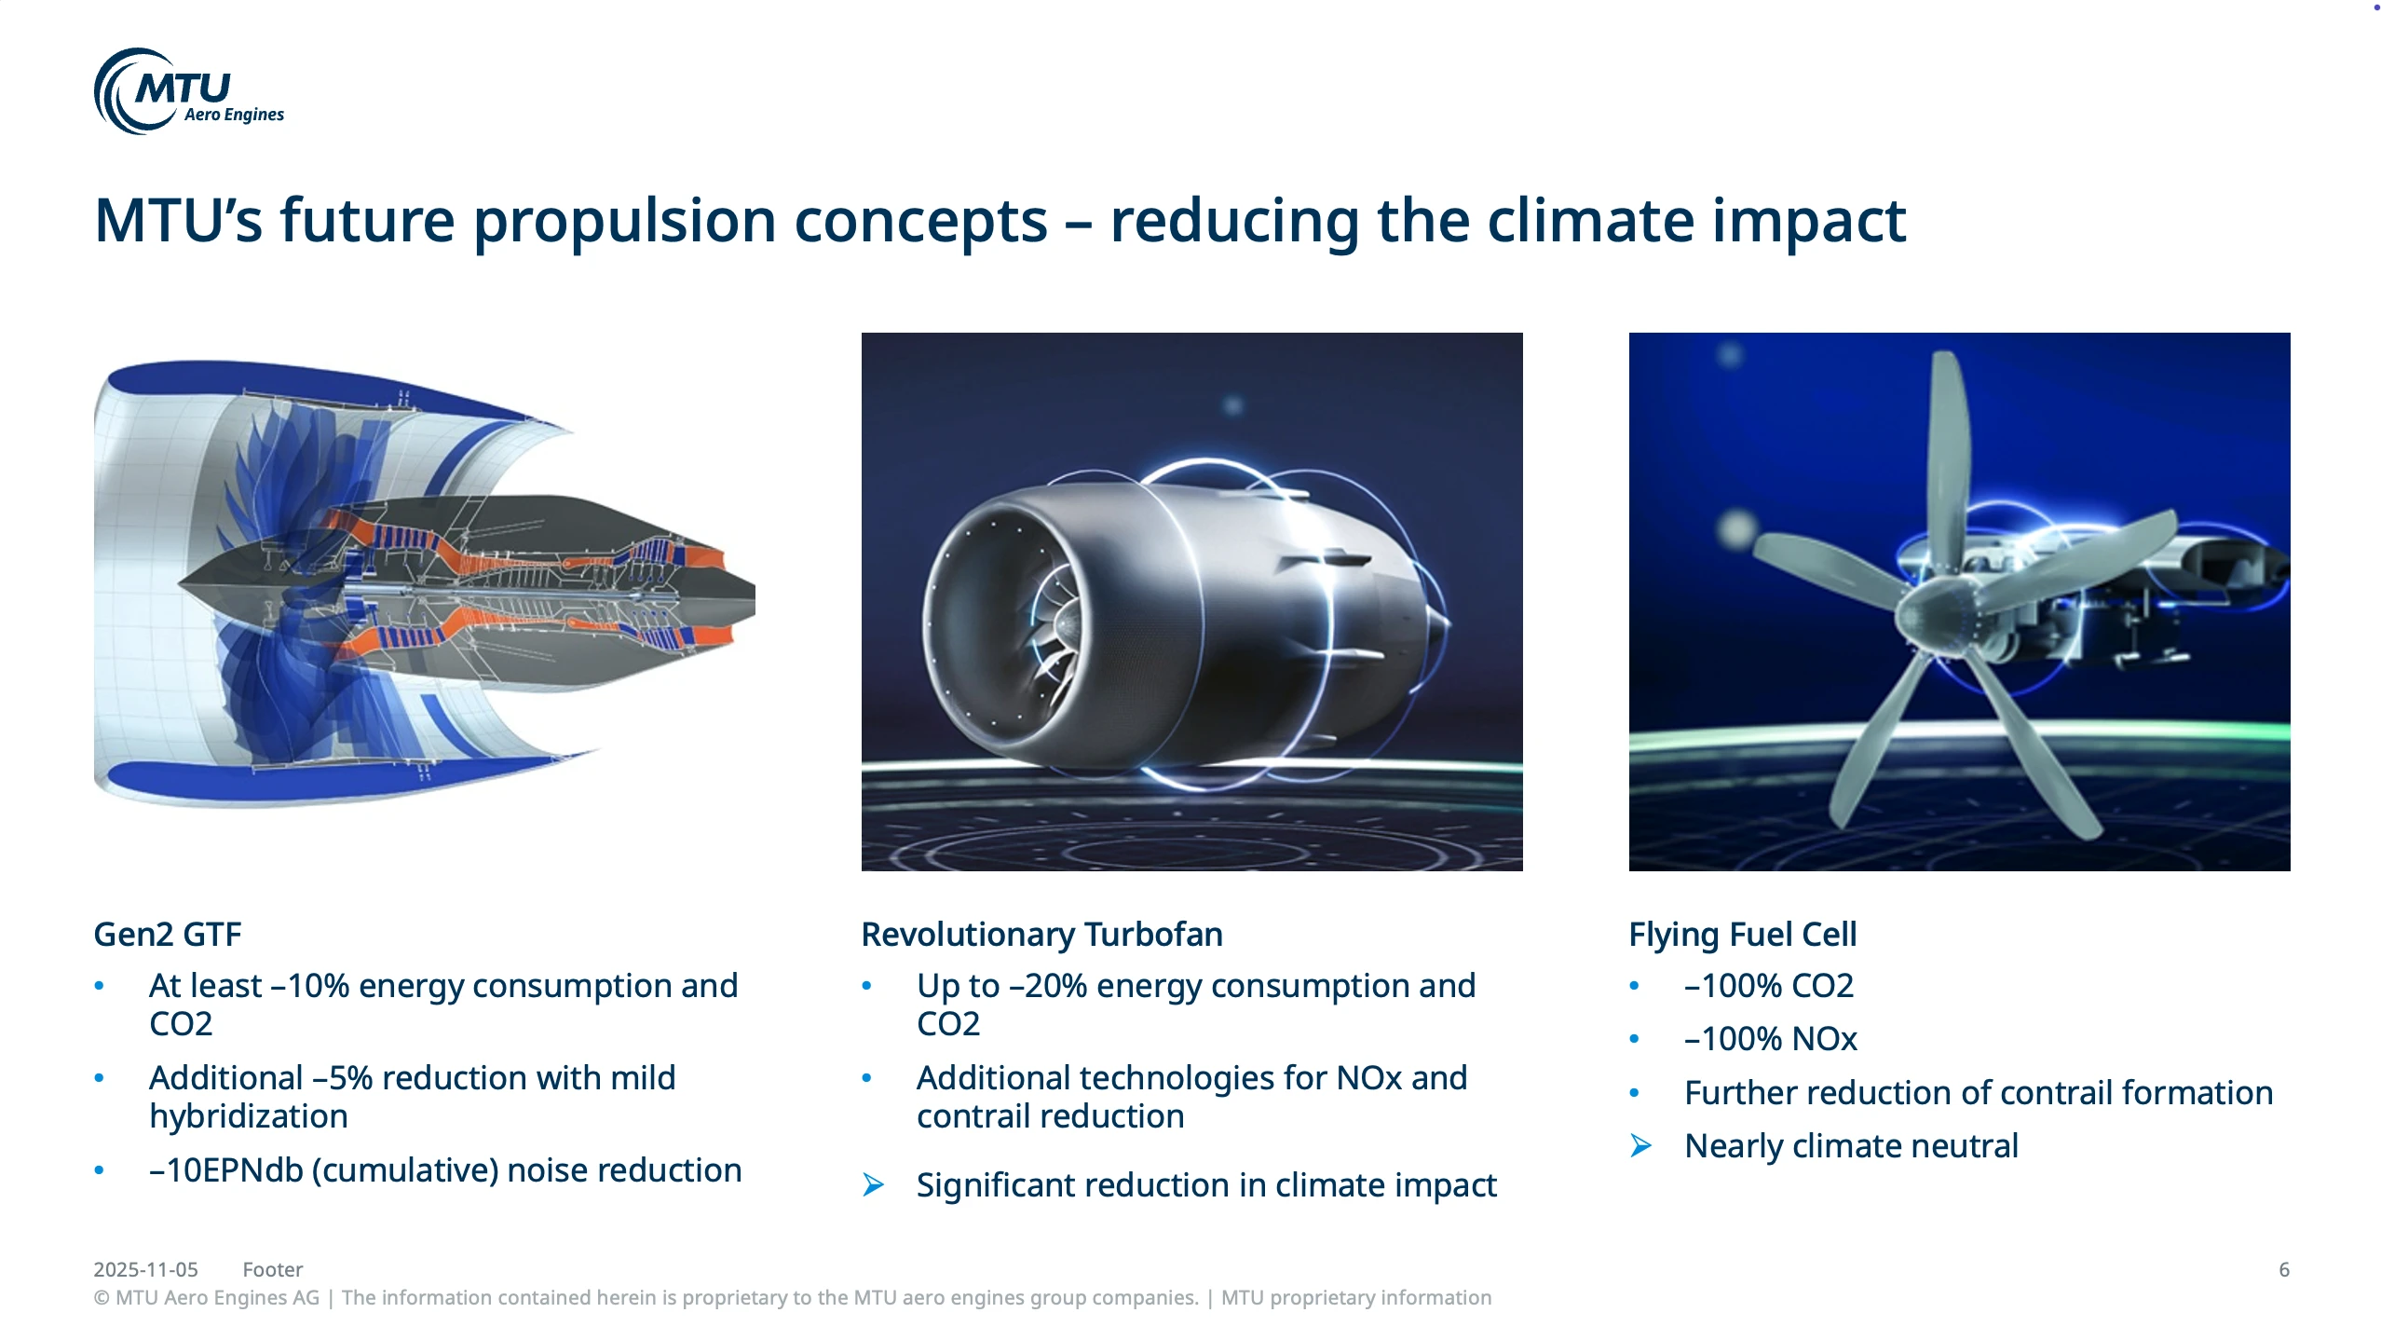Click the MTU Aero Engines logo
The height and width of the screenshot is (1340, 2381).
[x=189, y=91]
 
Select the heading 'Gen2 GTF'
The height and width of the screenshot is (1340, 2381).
[x=168, y=934]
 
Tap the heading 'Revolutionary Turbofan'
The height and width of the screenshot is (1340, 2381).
[x=1041, y=934]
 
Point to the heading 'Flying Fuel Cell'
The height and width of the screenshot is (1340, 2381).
[x=1742, y=934]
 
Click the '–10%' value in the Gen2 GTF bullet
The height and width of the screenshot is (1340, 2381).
[x=310, y=986]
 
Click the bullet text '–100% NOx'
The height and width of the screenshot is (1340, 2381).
[x=1771, y=1039]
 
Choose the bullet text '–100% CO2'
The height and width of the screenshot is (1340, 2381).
[x=1769, y=986]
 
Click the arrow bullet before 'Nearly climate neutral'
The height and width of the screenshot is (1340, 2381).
[x=1640, y=1146]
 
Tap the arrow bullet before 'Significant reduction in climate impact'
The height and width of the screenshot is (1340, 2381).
[x=873, y=1185]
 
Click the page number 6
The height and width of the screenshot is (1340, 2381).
[x=2284, y=1270]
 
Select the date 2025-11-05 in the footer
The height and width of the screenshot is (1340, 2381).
[x=145, y=1270]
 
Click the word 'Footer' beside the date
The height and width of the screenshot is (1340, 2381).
[x=273, y=1270]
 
